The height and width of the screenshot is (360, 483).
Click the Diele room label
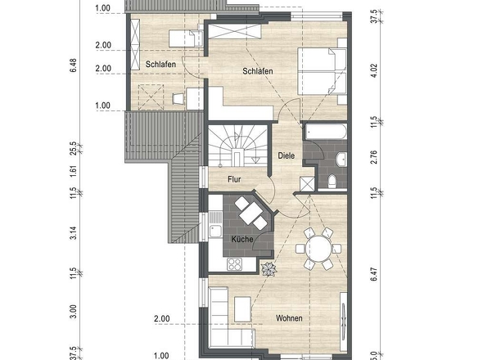point(287,155)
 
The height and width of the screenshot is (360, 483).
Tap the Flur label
point(234,179)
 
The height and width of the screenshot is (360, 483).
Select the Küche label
point(242,239)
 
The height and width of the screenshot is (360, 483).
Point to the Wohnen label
point(289,318)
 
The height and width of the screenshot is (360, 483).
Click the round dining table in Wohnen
point(318,249)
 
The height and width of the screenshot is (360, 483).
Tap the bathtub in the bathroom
point(326,132)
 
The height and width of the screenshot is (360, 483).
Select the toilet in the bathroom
point(332,181)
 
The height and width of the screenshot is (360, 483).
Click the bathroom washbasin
point(341,160)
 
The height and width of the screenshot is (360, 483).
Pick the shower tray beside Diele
point(307,184)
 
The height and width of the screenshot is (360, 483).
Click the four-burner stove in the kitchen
point(234,264)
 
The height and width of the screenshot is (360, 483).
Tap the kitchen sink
point(215,231)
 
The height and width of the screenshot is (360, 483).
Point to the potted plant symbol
point(269,269)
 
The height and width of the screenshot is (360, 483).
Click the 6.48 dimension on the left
point(73,65)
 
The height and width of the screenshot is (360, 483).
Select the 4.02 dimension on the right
point(374,70)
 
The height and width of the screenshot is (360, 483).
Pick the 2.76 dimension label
point(374,157)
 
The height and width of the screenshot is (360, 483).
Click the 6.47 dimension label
point(374,274)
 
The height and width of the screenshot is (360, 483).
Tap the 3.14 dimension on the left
point(73,233)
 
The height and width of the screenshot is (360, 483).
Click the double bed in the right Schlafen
point(323,71)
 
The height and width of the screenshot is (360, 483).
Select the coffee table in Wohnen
point(242,309)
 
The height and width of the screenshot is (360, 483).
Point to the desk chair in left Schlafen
point(178,98)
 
